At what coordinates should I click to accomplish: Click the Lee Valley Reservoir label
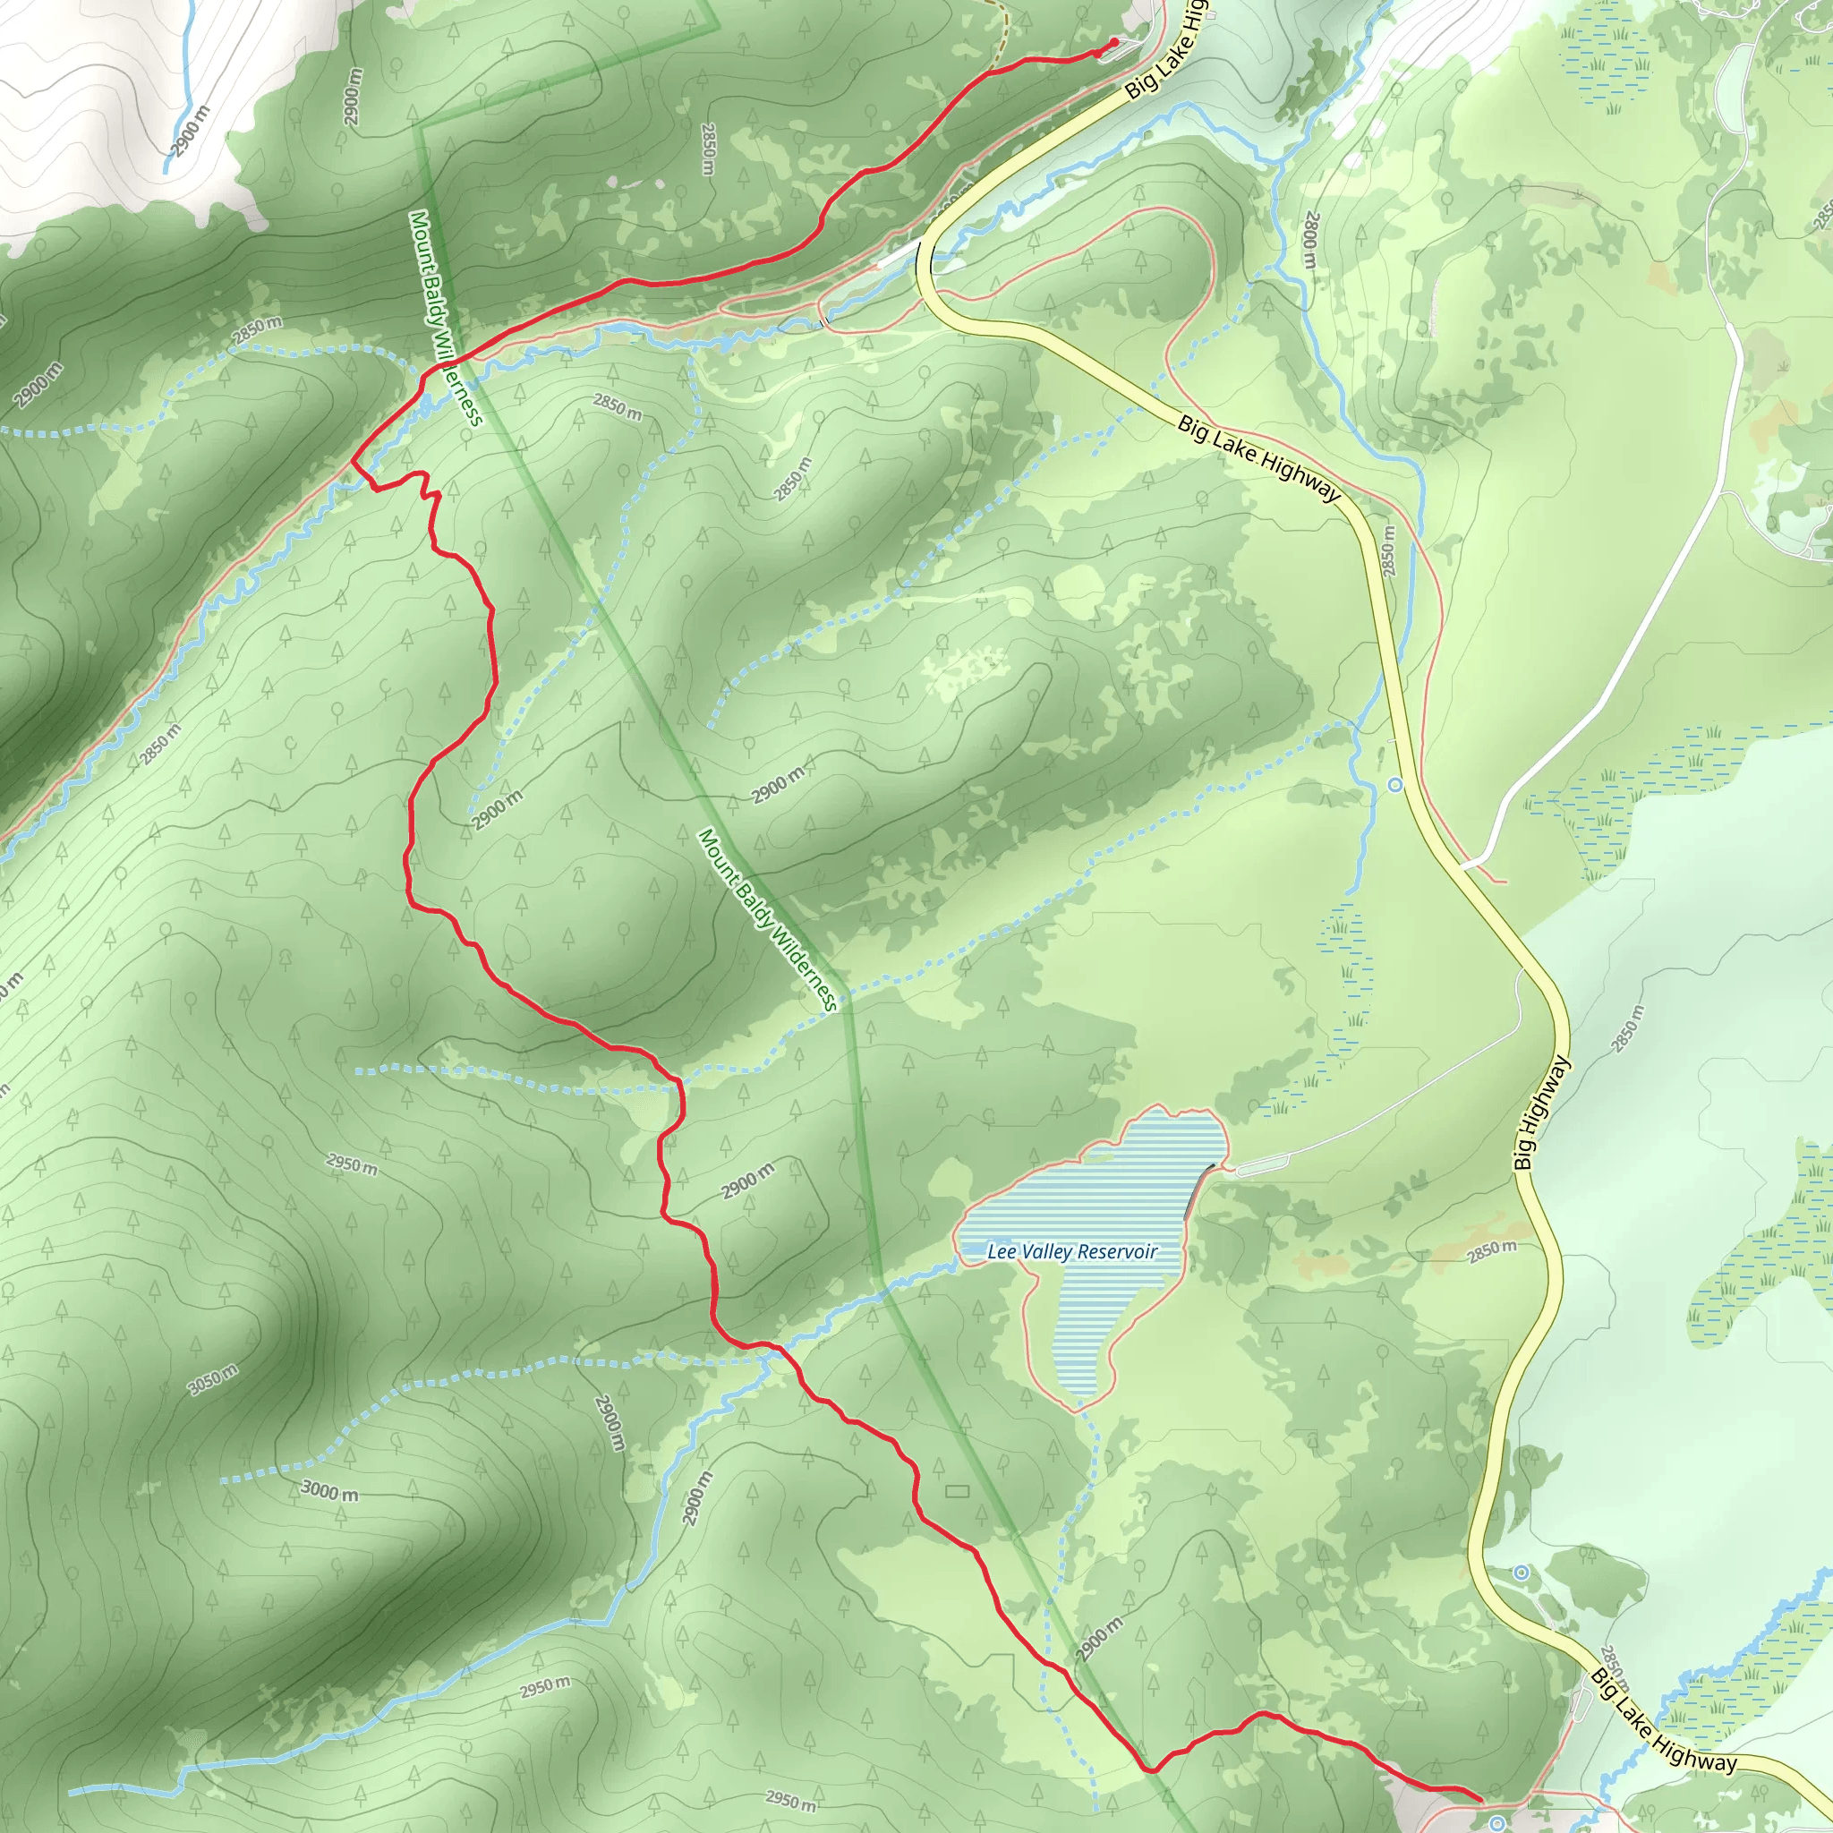pyautogui.click(x=1072, y=1251)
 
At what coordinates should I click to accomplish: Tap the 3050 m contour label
pyautogui.click(x=214, y=1379)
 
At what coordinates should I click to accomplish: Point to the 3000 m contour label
pyautogui.click(x=329, y=1491)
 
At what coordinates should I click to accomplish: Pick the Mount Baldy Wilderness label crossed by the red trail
pyautogui.click(x=446, y=319)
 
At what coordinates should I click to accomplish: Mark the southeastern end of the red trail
pyautogui.click(x=1481, y=1799)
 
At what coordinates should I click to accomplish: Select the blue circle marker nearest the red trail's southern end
pyautogui.click(x=1497, y=1822)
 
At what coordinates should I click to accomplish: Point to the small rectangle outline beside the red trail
pyautogui.click(x=958, y=1492)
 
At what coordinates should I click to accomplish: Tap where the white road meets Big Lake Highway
pyautogui.click(x=1466, y=865)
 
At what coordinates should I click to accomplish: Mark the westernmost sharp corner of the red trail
pyautogui.click(x=353, y=462)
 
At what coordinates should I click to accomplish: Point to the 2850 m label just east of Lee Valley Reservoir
pyautogui.click(x=1492, y=1251)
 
